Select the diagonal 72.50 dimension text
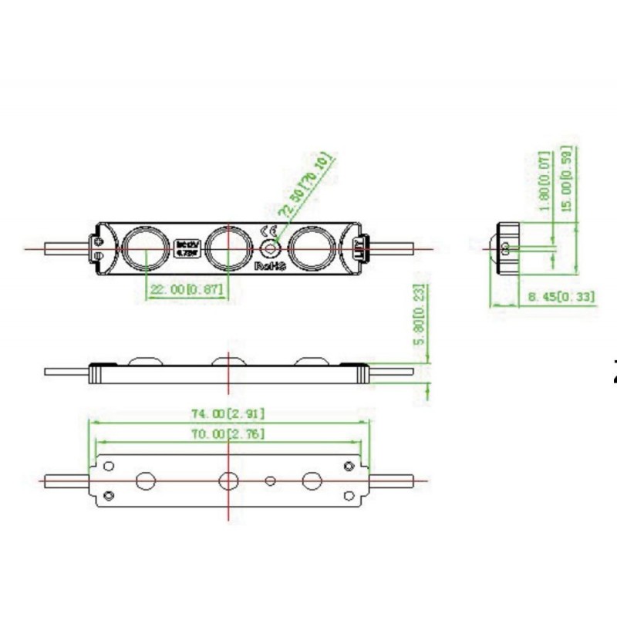point(305,187)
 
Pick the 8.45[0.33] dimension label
point(561,296)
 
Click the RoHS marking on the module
point(271,265)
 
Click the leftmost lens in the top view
point(147,247)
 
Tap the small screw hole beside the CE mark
point(270,248)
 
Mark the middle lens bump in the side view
point(229,359)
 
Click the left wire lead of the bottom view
point(68,480)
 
